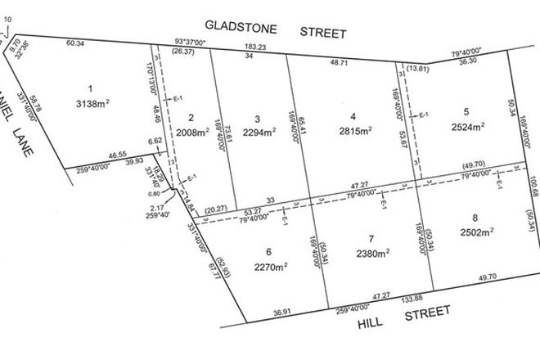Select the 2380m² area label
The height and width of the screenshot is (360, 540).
(x=372, y=253)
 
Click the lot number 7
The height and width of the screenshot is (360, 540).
(x=371, y=239)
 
